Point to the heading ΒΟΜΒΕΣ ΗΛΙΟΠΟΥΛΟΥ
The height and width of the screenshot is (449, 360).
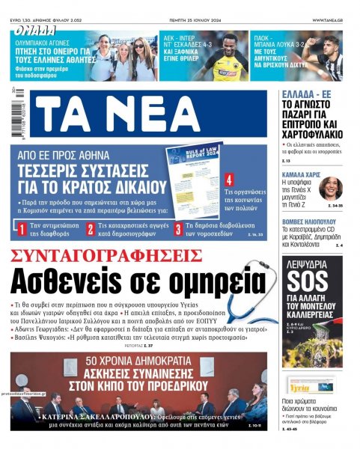pyautogui.click(x=313, y=223)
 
